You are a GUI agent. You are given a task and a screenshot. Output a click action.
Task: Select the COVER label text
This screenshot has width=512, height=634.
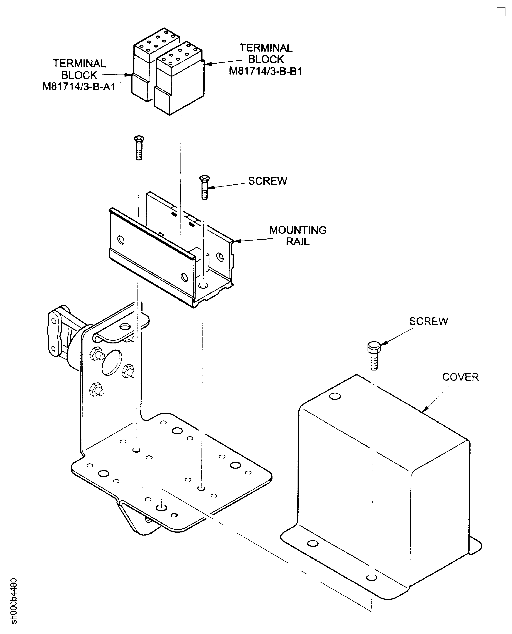pos(460,377)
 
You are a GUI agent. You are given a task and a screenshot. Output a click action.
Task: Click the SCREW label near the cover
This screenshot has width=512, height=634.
pos(428,321)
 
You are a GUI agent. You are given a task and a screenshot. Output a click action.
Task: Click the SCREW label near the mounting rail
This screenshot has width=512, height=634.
pos(267,181)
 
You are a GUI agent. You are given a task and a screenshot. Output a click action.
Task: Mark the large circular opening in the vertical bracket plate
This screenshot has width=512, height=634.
pos(111,363)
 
